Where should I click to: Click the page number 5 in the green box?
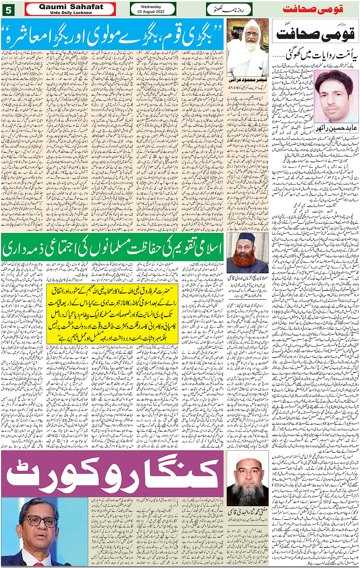tap(8, 9)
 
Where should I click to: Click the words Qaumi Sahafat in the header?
tap(71, 6)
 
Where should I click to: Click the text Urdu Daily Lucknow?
tap(71, 13)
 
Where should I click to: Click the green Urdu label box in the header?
tap(229, 9)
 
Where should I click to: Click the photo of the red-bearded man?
tap(248, 253)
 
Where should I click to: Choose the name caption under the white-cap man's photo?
tap(247, 512)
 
